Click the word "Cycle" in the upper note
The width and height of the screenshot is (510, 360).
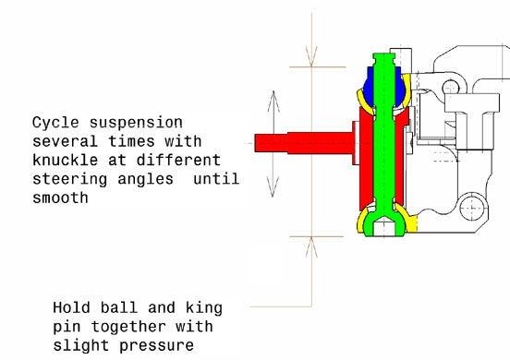55,123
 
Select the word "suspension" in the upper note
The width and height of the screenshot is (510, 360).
136,124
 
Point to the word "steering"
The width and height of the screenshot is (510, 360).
70,180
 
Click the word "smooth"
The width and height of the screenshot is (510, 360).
60,198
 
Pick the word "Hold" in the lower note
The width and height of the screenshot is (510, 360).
71,307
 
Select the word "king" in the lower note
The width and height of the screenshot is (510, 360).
204,308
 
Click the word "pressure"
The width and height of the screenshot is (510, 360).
156,346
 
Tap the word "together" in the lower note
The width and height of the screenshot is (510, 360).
128,327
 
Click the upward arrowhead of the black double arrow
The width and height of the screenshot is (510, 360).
273,101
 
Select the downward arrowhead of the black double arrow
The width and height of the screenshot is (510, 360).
273,187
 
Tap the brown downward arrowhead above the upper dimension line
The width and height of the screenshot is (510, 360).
311,56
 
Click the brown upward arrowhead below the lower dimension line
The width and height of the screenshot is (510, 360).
311,247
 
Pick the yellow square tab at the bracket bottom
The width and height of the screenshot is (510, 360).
412,223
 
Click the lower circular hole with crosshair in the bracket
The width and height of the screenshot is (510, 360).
474,208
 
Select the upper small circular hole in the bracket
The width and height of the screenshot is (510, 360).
451,88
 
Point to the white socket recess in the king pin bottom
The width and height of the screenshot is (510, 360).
383,227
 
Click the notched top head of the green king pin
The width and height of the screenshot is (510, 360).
383,59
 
